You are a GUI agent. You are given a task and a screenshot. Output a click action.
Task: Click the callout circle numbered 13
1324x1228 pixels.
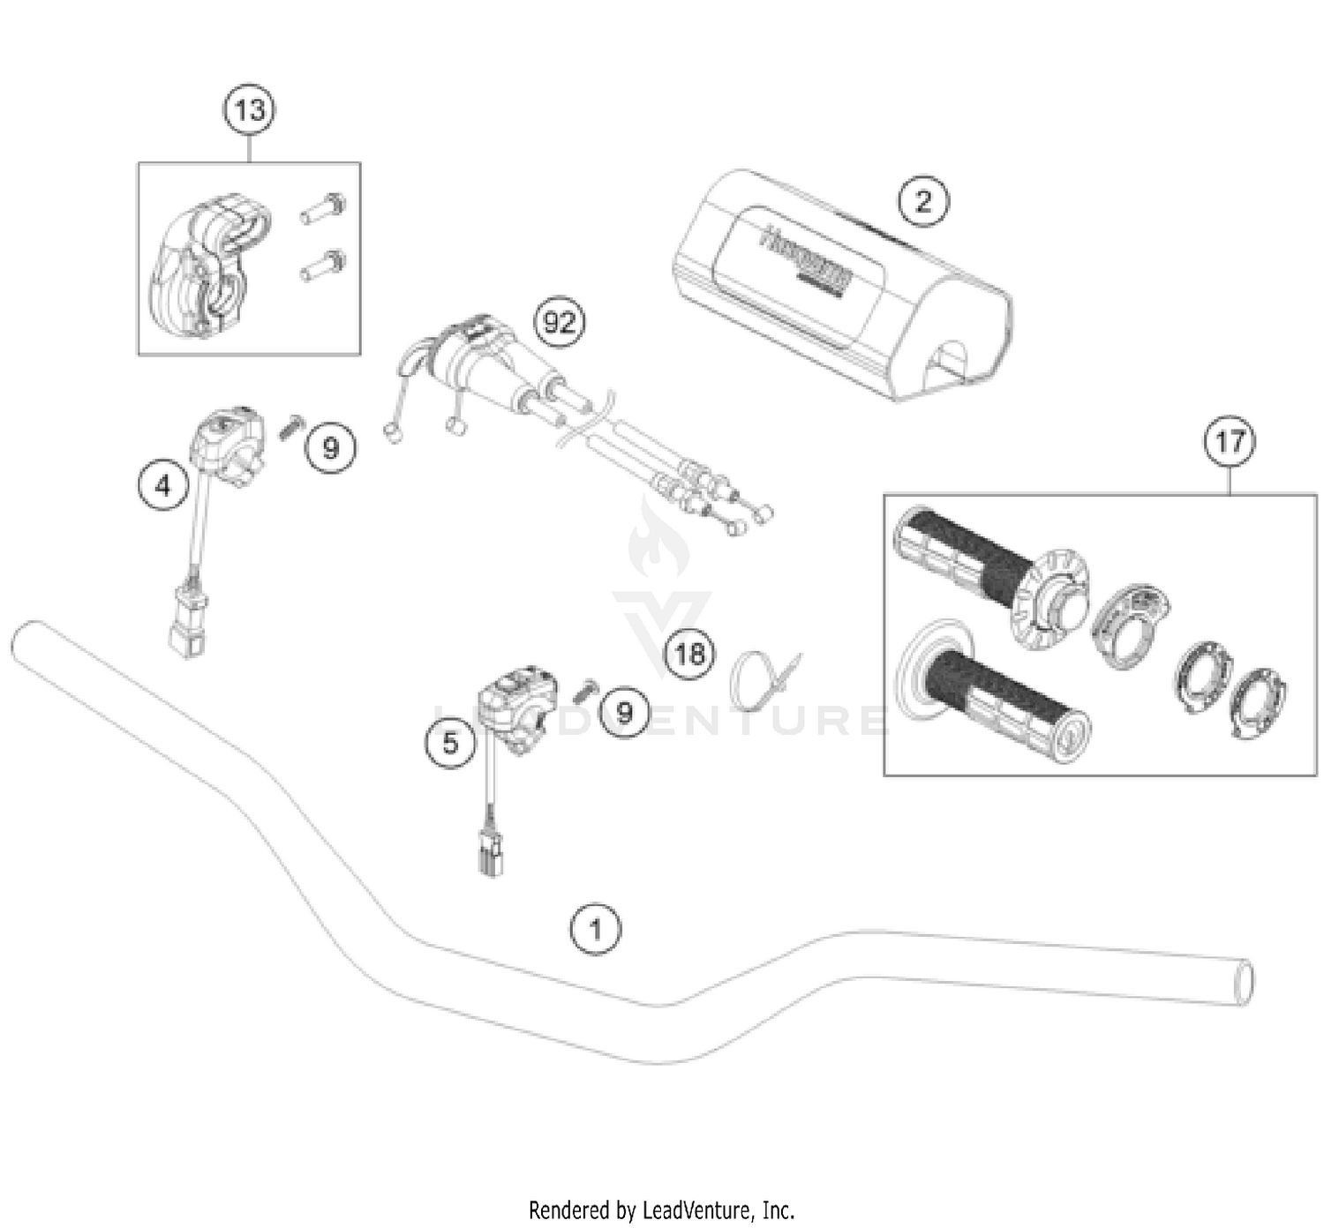[249, 110]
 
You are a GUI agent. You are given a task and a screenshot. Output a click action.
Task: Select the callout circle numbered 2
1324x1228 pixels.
[923, 201]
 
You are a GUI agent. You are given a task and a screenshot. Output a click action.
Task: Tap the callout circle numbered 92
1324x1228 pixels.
[560, 323]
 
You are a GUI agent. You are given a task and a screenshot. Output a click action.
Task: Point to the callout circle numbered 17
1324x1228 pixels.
[1230, 440]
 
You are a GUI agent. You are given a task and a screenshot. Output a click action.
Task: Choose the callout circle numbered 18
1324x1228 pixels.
[689, 654]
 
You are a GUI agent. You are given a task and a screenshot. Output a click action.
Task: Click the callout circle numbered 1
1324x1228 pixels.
[596, 929]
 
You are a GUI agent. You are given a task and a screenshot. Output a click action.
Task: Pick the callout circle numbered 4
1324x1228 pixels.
[163, 485]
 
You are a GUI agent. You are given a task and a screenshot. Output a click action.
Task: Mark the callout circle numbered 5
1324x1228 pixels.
[450, 743]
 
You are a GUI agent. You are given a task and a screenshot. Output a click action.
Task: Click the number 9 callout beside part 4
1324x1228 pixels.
[330, 448]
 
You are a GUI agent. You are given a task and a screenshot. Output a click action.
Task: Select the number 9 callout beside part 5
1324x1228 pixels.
[624, 712]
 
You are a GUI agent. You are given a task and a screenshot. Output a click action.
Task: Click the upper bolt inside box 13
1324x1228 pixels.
[323, 208]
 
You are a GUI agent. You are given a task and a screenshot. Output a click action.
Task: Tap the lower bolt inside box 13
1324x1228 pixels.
[323, 264]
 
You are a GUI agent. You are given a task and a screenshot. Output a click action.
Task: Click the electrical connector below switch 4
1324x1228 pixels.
[188, 621]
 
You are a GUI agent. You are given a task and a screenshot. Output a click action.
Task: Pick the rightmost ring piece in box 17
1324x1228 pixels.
[1259, 703]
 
